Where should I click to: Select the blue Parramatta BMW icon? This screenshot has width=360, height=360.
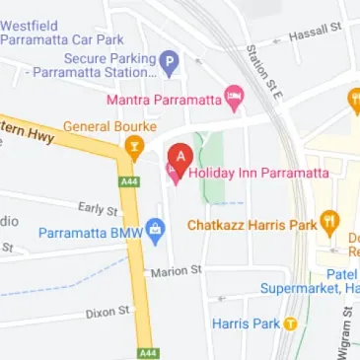(156, 233)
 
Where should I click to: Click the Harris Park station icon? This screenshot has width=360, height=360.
(290, 324)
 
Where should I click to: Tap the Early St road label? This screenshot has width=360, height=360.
(97, 208)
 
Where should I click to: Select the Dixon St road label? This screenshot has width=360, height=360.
(108, 311)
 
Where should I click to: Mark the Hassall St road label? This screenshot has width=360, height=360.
(315, 34)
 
